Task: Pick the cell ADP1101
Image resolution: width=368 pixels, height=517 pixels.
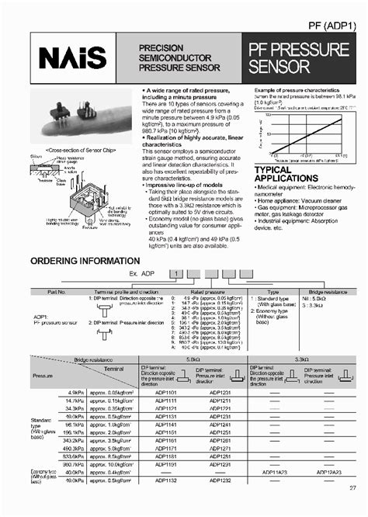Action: click(x=167, y=394)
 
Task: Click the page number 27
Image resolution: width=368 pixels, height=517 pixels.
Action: click(x=352, y=508)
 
